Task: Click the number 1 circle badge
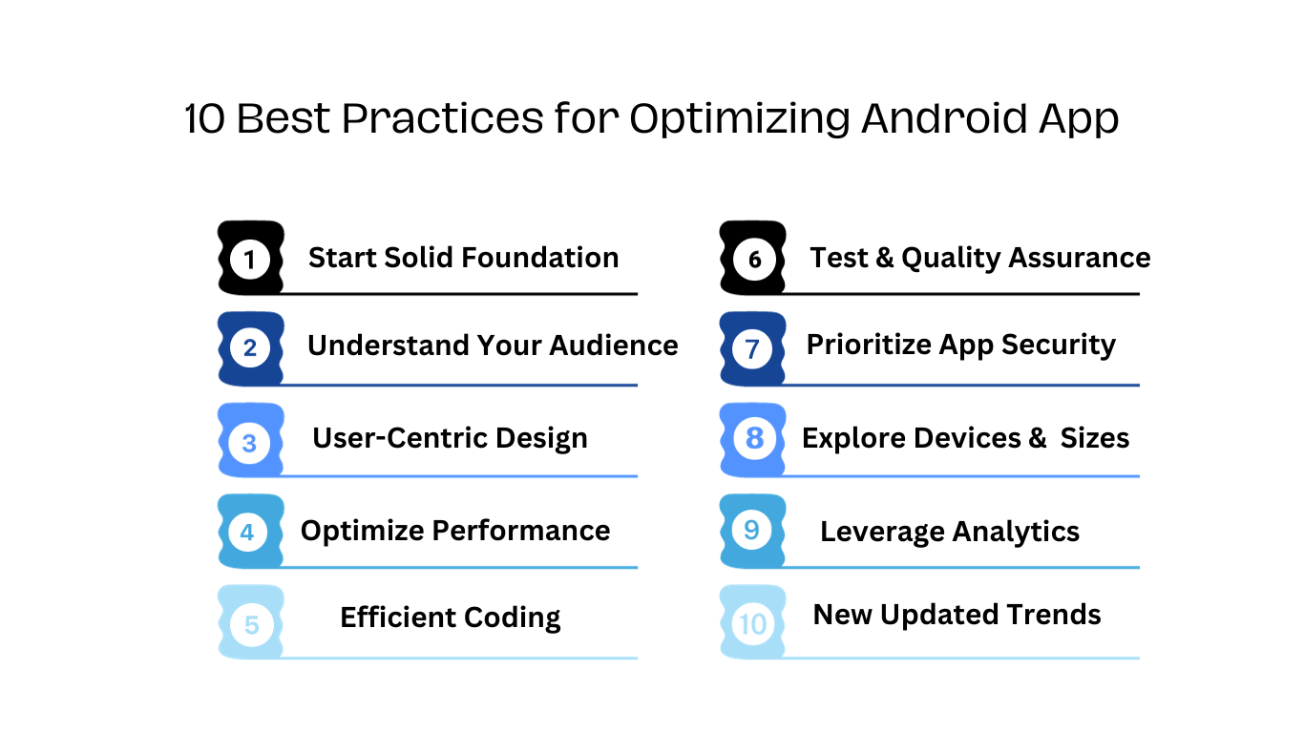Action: pyautogui.click(x=249, y=260)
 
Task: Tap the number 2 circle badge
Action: pyautogui.click(x=249, y=348)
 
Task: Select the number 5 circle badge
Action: pyautogui.click(x=251, y=625)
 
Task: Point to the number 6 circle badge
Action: pyautogui.click(x=754, y=260)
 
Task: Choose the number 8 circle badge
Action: pyautogui.click(x=754, y=438)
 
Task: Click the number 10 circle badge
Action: pyautogui.click(x=752, y=624)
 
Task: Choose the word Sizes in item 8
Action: pyautogui.click(x=1094, y=438)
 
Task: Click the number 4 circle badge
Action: pyautogui.click(x=247, y=532)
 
